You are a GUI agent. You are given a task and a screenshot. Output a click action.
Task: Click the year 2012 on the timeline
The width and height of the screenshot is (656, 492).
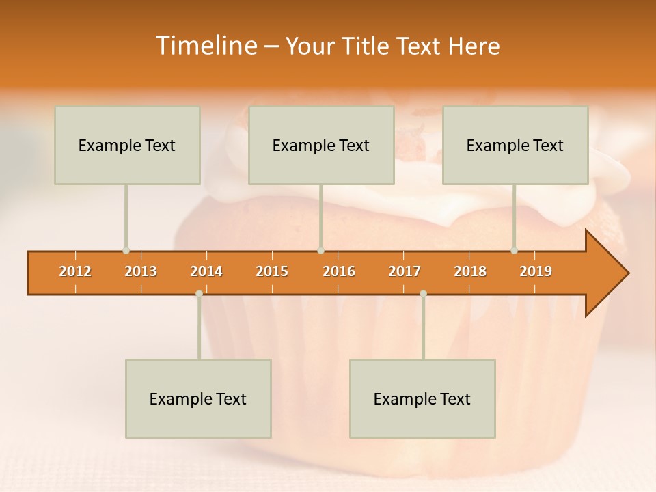(x=75, y=271)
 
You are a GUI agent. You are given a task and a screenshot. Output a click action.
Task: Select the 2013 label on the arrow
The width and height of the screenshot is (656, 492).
(x=141, y=271)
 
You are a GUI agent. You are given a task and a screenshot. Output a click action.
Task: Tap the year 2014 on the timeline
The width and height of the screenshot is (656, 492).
(x=206, y=271)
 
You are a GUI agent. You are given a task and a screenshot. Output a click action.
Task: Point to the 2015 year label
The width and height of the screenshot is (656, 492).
(x=272, y=271)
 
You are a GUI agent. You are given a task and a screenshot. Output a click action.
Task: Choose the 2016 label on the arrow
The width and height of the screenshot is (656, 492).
(x=339, y=271)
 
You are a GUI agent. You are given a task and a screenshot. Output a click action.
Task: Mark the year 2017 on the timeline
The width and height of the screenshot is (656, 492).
(x=405, y=271)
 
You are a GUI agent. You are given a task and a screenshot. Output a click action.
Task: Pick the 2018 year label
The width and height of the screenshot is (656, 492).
(x=470, y=271)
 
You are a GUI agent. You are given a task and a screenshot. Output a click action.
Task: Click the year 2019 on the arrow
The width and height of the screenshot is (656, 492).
(x=536, y=271)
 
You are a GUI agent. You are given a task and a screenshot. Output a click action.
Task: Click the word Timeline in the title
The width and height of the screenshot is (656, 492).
(x=205, y=46)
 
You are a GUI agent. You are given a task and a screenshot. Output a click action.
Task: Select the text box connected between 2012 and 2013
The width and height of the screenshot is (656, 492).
(x=127, y=145)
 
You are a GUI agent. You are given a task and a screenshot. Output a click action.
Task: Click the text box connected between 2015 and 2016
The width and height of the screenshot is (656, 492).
(x=321, y=145)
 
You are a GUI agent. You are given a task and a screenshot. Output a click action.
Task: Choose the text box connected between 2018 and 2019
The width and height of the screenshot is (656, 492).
(x=515, y=145)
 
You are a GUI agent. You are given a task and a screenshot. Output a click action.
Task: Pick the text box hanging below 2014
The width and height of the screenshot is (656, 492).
(x=198, y=398)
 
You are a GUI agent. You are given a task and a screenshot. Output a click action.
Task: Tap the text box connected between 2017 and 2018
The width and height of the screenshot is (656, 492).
(x=422, y=398)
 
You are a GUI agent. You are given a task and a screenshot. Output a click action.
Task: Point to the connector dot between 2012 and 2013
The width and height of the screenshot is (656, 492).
(x=126, y=251)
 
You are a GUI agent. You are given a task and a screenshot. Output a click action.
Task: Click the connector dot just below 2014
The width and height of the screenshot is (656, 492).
(x=199, y=294)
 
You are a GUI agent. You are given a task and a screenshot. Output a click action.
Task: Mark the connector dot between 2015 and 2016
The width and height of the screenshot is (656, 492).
(x=320, y=251)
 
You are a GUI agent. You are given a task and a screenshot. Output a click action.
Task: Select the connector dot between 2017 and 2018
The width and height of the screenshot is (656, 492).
(x=423, y=294)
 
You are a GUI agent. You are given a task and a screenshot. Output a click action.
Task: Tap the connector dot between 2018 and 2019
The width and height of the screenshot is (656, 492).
(x=514, y=251)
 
